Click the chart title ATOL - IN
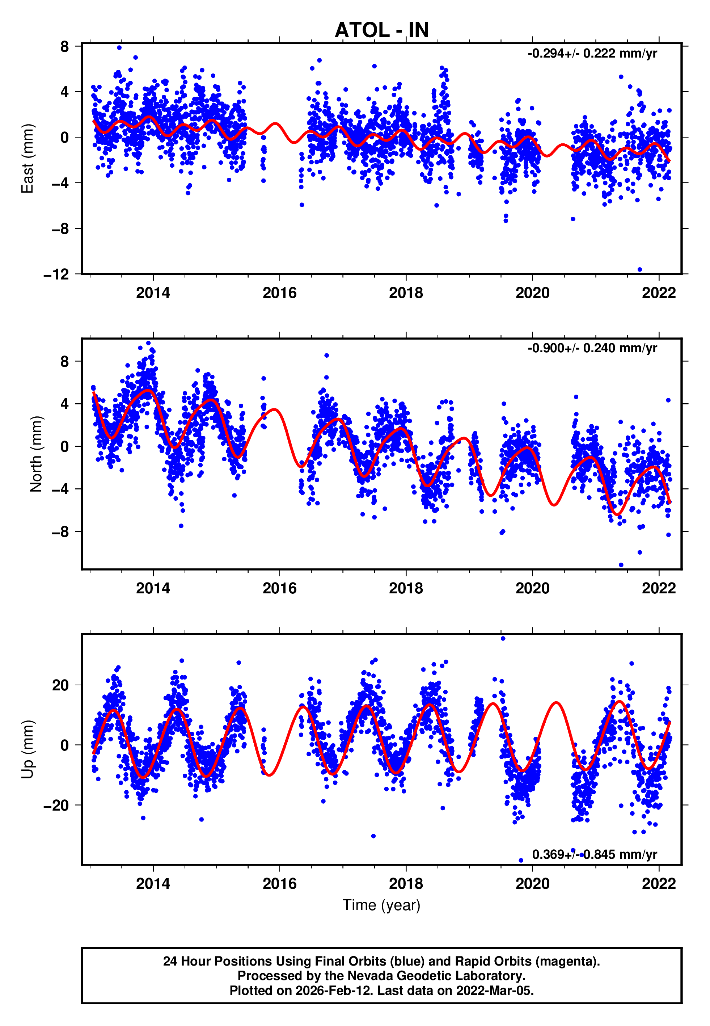381,30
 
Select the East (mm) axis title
28,159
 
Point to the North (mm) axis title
36,454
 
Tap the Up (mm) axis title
28,749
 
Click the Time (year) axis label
381,905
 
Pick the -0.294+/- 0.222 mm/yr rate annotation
592,54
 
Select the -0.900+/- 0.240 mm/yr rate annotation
592,348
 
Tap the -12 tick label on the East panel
56,274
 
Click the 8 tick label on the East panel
65,46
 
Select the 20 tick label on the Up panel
60,685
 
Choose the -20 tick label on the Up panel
56,805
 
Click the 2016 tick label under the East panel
279,293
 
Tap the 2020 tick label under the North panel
533,588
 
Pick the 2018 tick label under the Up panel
406,883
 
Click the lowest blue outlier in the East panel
640,270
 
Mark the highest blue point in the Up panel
503,639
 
